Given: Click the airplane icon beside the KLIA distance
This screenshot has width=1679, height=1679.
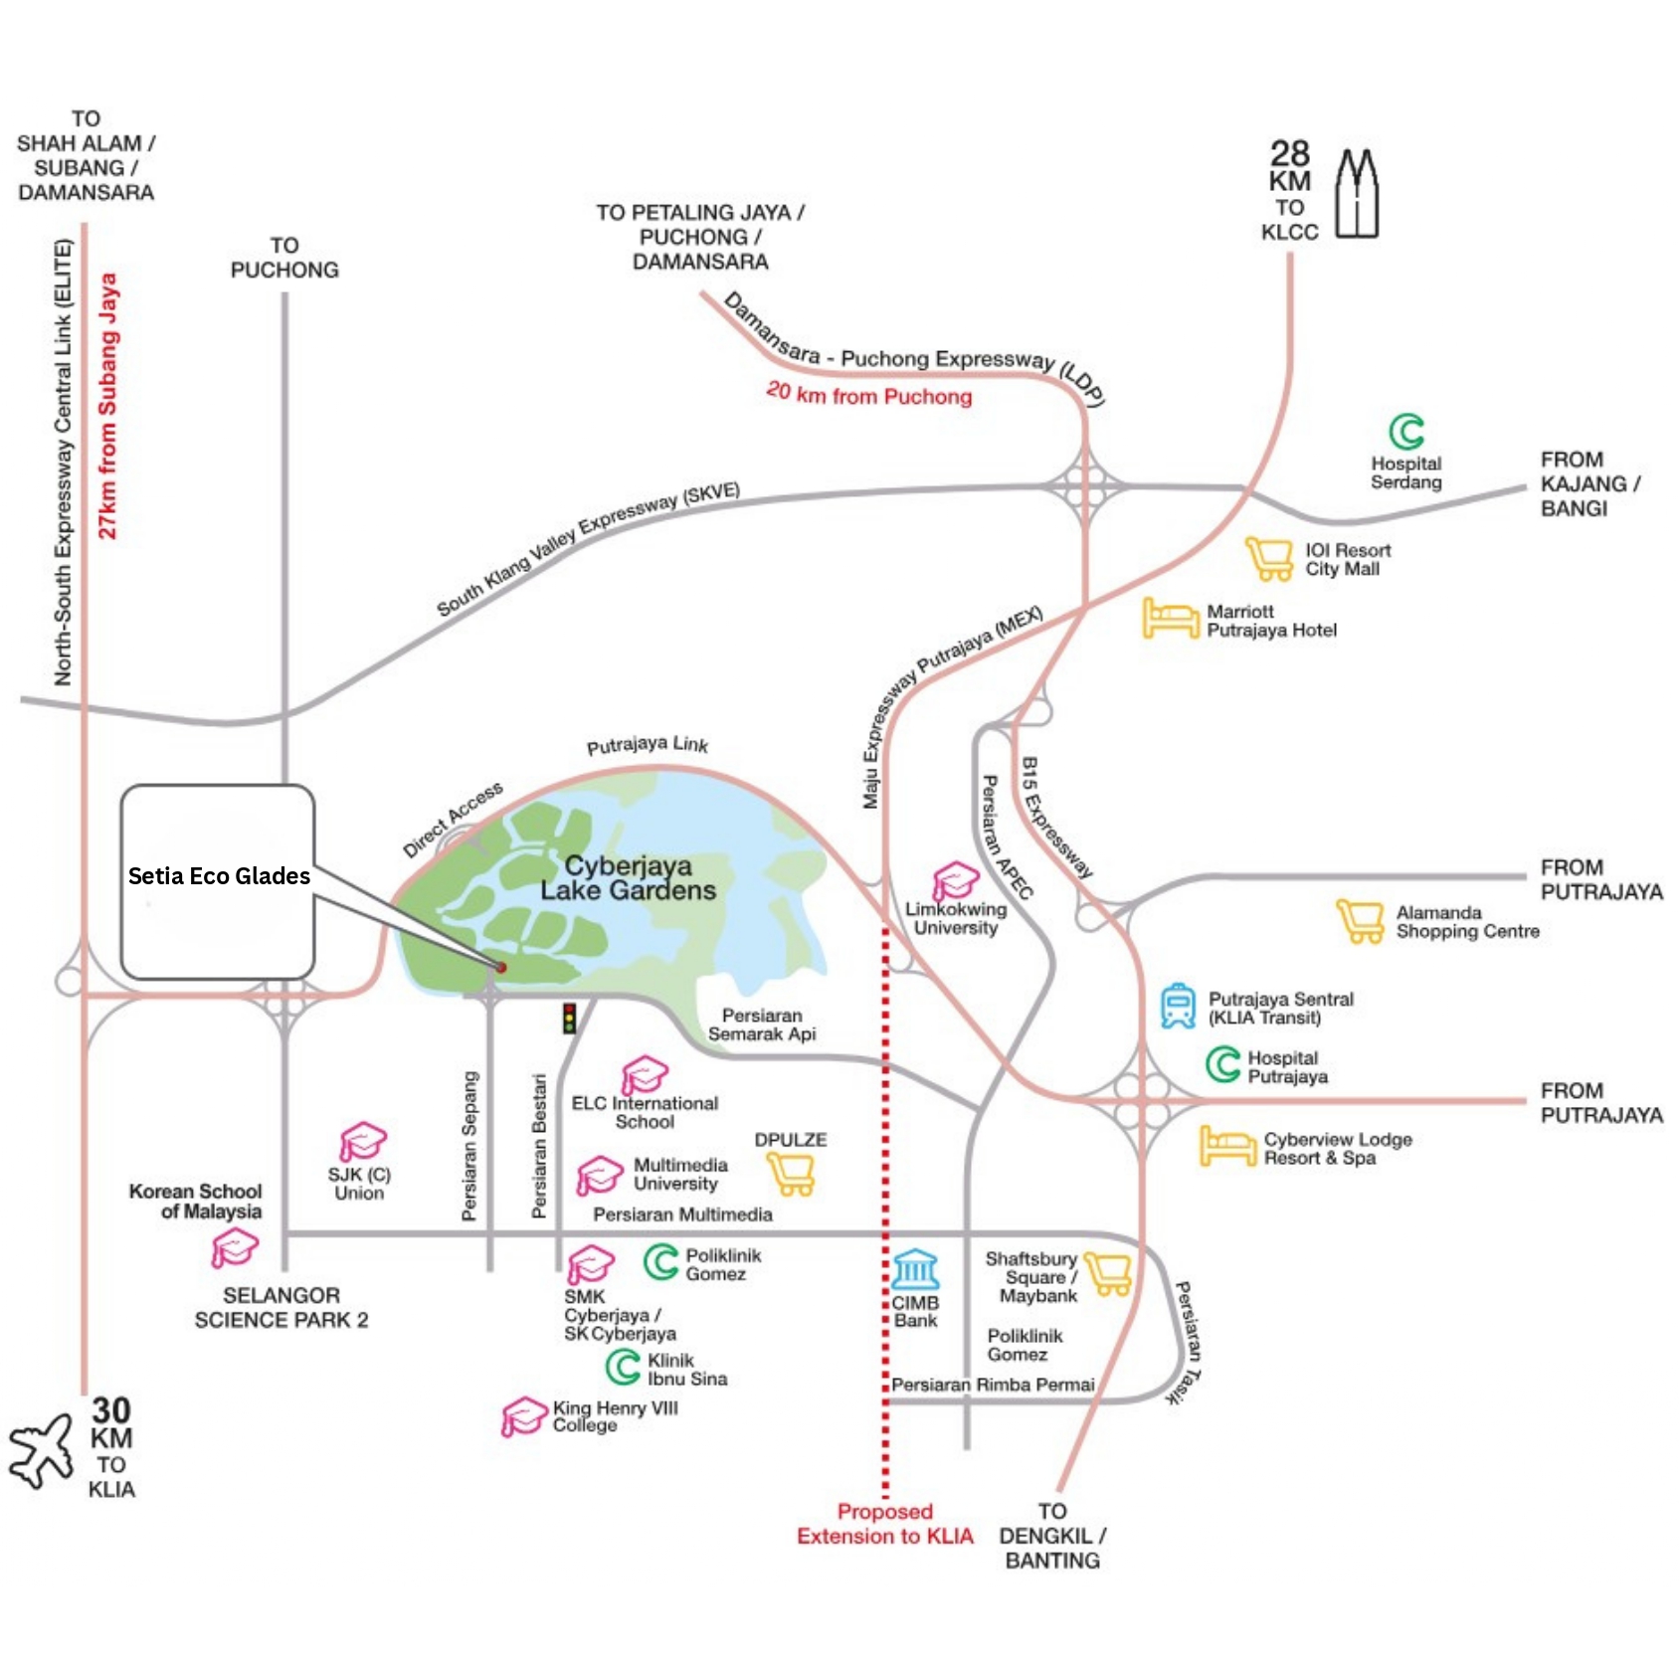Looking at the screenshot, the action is tap(41, 1450).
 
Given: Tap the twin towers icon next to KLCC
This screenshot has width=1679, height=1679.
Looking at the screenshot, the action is tap(1357, 193).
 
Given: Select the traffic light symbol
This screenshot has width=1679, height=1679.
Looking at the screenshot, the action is tap(570, 1018).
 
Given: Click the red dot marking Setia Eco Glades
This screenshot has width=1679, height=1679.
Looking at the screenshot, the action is tap(501, 967).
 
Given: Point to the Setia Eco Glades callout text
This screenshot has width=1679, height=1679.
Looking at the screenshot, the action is tap(219, 876).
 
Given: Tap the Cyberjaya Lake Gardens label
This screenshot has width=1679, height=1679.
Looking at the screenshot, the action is tap(628, 878).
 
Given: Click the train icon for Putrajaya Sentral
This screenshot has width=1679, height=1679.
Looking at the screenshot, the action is tap(1179, 1006).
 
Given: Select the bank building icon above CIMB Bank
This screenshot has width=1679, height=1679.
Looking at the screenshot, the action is tap(915, 1269).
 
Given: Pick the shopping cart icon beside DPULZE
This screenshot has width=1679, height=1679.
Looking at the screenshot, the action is tap(792, 1175).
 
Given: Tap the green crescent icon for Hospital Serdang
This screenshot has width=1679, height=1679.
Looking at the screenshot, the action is tap(1406, 432).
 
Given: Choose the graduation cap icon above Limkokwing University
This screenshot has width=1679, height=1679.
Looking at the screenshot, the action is tap(955, 881).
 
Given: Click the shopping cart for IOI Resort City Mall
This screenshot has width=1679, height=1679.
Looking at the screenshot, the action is tap(1270, 558).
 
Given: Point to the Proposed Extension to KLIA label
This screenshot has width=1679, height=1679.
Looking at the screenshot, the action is tap(885, 1524).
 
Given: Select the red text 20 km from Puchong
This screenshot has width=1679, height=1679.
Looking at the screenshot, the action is tap(869, 394).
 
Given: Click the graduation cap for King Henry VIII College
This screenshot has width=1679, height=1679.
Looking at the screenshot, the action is tap(524, 1417).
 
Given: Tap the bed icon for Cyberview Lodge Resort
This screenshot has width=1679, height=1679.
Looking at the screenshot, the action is tap(1228, 1146).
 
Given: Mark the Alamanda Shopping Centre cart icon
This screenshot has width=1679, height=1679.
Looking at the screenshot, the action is tap(1361, 921).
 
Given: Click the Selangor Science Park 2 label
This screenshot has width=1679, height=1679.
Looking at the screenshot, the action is tap(281, 1308).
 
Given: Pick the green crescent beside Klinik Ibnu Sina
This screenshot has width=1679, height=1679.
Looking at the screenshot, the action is tap(624, 1367).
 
